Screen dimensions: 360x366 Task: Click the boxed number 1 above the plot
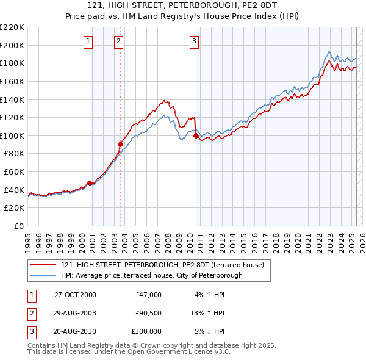click(x=88, y=41)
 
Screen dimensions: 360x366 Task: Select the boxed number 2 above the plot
click(x=118, y=41)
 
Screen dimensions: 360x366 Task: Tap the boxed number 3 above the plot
click(x=194, y=41)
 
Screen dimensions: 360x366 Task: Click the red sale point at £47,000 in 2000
click(x=90, y=183)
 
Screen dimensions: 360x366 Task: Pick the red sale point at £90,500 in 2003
click(x=120, y=144)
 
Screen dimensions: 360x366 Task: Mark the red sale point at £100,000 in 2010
click(x=196, y=136)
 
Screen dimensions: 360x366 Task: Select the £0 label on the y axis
click(x=18, y=226)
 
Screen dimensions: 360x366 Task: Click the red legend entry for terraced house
click(x=162, y=265)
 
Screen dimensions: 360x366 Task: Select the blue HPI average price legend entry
click(x=152, y=275)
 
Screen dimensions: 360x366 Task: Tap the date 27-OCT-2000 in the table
click(x=75, y=295)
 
